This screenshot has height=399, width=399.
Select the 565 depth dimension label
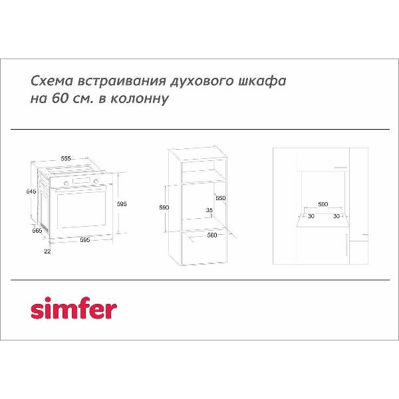(37, 231)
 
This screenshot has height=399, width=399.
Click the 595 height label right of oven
(122, 204)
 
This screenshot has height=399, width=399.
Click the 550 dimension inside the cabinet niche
(221, 198)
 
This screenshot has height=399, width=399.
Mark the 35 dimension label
(209, 211)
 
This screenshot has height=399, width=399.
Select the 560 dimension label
(212, 235)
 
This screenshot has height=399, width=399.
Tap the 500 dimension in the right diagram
(323, 204)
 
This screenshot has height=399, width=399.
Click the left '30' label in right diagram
(310, 216)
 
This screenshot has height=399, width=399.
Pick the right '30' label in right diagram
(336, 216)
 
